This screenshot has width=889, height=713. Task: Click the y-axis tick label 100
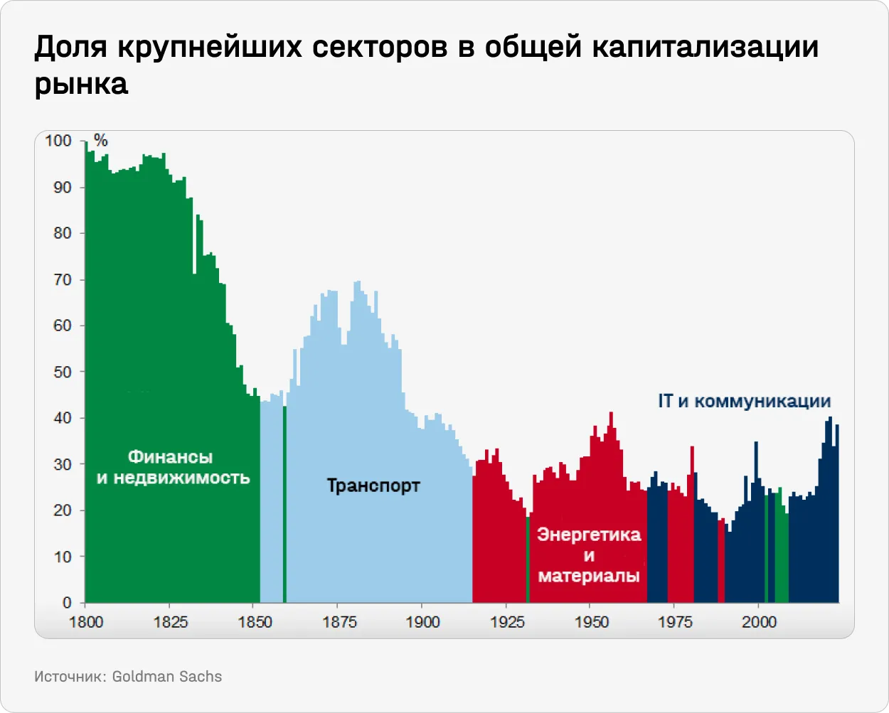point(58,141)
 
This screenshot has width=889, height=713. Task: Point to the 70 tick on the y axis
point(63,279)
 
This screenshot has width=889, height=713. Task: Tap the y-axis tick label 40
point(63,418)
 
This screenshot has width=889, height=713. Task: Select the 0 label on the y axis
point(67,603)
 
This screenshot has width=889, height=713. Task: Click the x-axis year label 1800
point(86,622)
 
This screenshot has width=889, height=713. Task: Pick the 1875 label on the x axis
point(339,622)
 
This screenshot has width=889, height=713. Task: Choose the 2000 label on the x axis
point(759,622)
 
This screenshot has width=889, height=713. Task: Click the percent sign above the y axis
point(100,141)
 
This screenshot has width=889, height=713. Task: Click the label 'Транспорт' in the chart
point(373,486)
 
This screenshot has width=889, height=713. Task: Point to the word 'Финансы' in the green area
point(170,457)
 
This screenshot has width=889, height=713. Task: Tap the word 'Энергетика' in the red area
point(589,535)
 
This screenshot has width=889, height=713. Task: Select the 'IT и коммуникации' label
point(744,401)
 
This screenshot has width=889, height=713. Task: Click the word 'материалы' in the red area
point(589,576)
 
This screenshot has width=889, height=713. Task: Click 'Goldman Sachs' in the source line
point(167,677)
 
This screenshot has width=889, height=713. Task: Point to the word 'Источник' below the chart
point(68,677)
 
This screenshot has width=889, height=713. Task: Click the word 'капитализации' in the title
point(705,47)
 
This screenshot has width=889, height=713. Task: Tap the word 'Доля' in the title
point(70,47)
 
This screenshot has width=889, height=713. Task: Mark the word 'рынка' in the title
point(81,84)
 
